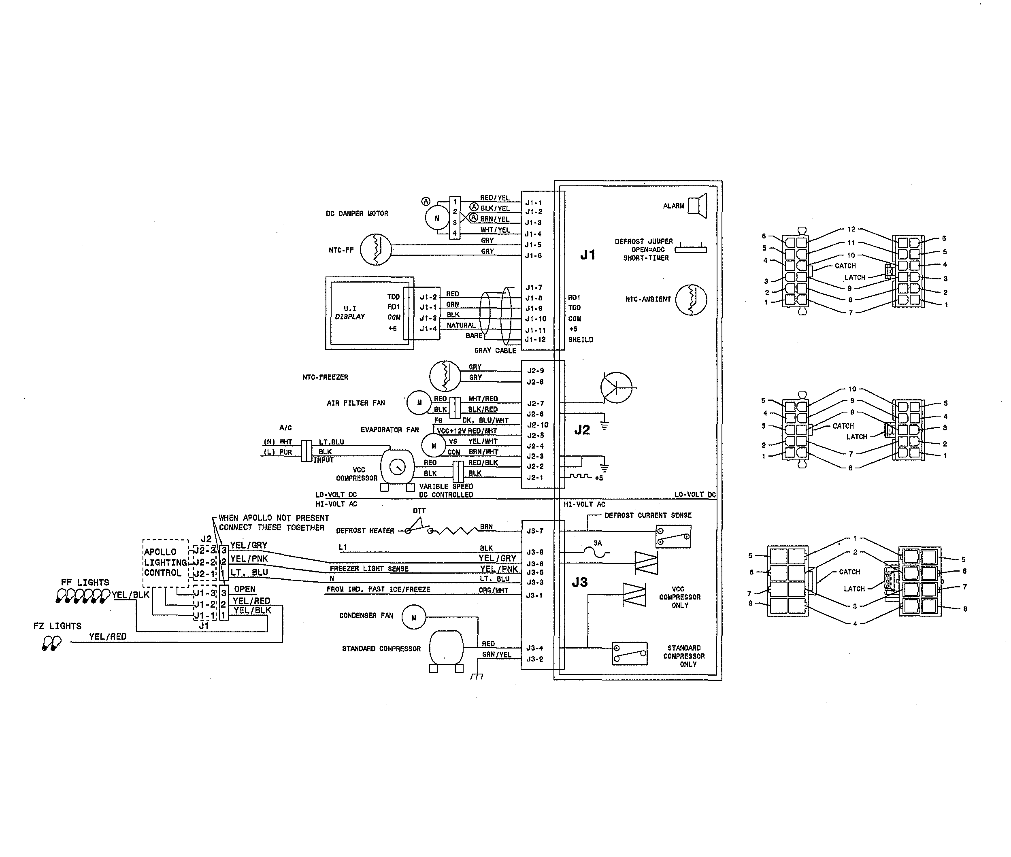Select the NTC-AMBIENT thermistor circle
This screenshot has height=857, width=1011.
(x=691, y=300)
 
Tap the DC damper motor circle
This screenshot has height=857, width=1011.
(x=437, y=218)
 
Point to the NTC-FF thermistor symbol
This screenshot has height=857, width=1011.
(x=376, y=250)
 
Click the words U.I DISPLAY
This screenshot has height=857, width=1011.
(x=350, y=313)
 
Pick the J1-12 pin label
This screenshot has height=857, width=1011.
(x=535, y=340)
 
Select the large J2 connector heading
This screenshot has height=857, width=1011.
(x=582, y=430)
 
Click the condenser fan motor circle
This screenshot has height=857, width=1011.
(x=413, y=617)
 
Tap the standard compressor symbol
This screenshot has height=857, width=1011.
(x=446, y=648)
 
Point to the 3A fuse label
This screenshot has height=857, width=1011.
(x=598, y=543)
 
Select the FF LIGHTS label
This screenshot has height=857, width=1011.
(x=85, y=582)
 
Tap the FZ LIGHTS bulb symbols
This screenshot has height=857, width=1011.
(x=51, y=644)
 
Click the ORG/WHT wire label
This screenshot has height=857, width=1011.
(x=493, y=590)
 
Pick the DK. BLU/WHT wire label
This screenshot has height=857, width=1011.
(x=485, y=420)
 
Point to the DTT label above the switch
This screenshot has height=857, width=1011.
(x=419, y=510)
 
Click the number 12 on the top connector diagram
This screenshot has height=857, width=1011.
(x=851, y=229)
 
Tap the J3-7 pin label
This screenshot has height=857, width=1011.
(x=534, y=531)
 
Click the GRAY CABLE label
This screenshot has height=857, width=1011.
(x=495, y=350)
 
